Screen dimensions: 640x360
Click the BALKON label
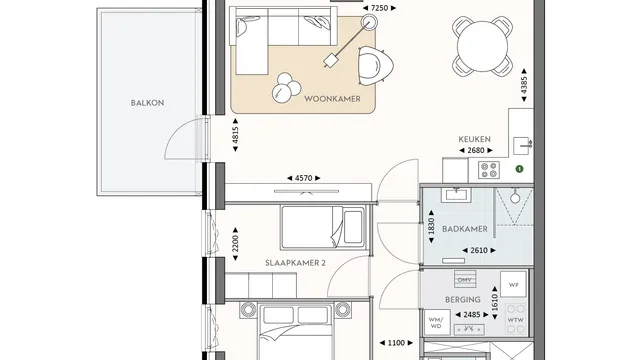147,103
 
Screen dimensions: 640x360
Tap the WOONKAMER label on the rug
332,99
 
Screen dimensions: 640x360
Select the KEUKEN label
474,139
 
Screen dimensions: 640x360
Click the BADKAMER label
464,229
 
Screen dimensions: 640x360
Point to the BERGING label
463,300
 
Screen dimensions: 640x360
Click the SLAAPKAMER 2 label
296,263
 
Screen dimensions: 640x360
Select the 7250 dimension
379,8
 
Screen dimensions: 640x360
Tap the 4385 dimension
524,85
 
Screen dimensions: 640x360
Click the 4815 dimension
235,135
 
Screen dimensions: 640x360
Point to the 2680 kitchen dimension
476,151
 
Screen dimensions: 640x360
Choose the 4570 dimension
304,178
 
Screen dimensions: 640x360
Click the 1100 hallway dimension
396,343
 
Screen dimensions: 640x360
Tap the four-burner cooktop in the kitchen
489,170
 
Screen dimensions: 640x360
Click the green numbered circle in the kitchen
519,169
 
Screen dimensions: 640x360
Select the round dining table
482,46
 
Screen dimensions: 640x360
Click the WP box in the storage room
513,284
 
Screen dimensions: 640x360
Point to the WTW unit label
516,320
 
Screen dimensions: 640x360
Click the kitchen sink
522,146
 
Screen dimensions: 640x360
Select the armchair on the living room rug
376,65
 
